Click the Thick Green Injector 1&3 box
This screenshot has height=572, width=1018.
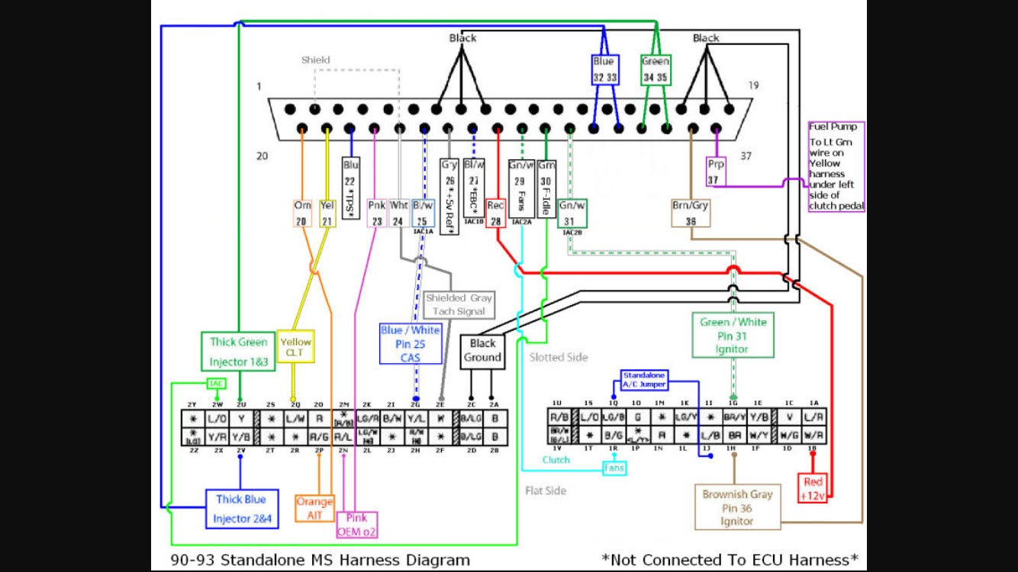[239, 351]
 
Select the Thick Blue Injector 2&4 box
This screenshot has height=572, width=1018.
[240, 509]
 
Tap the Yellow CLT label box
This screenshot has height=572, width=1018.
[295, 347]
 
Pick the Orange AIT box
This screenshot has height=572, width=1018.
[314, 508]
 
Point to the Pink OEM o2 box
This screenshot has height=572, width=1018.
[357, 525]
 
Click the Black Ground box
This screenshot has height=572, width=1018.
[483, 350]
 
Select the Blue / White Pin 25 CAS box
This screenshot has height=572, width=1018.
[410, 343]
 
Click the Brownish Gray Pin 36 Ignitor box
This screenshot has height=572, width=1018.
[737, 507]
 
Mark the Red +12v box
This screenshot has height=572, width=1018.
[813, 488]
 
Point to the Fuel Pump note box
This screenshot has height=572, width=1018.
[836, 165]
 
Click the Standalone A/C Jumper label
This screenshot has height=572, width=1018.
[643, 380]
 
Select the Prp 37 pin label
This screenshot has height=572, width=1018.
[715, 171]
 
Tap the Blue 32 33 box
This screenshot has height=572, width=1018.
[604, 69]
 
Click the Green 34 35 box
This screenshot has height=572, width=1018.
[656, 69]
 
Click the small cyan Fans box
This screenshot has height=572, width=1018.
[614, 468]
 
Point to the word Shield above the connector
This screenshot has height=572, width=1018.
[315, 59]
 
